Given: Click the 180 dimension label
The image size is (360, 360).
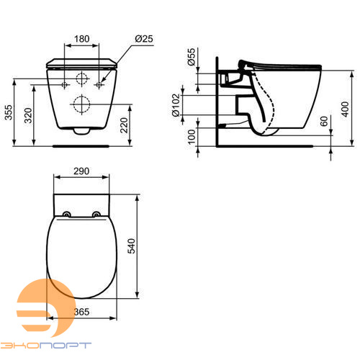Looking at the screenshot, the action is pos(82,39).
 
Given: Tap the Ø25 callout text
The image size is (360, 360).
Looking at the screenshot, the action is pos(144,39).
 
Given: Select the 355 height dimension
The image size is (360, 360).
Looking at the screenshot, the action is pos(9,112).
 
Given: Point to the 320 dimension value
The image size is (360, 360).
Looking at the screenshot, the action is pos(28,115).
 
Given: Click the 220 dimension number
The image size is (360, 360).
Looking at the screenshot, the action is pos(124,125).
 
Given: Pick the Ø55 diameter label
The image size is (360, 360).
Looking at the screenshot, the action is pos(192,57).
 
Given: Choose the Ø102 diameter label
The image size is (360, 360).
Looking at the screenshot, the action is pos(176,105).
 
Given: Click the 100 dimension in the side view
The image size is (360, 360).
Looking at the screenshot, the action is pos(192,137).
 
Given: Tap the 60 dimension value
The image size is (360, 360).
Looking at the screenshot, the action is pos(324,121).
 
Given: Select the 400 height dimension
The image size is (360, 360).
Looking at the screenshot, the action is pos(345,109).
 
